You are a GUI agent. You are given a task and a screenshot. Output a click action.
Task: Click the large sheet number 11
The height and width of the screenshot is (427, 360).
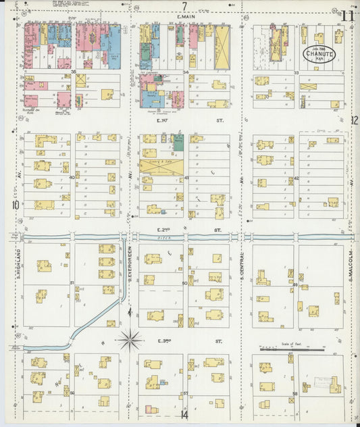(349, 16)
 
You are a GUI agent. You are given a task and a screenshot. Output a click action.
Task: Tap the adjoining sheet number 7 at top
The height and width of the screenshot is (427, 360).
(183, 7)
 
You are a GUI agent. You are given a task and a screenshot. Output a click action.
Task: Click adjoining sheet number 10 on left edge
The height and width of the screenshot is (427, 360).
(14, 205)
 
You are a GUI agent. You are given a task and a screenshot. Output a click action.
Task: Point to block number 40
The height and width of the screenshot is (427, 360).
(72, 178)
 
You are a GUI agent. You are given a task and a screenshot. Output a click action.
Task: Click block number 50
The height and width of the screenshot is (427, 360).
(184, 284)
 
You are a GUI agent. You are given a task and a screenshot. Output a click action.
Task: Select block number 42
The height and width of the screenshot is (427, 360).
(297, 178)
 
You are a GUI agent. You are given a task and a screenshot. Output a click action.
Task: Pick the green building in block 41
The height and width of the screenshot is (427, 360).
(178, 142)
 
